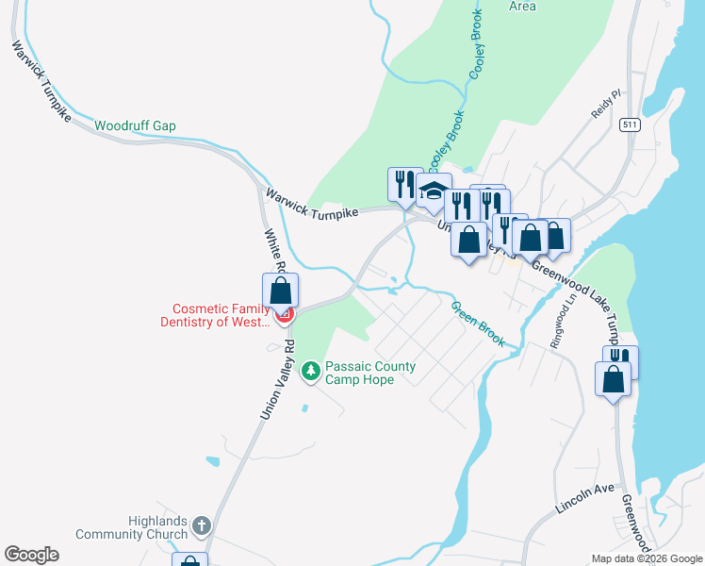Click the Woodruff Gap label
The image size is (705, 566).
pyautogui.click(x=135, y=125)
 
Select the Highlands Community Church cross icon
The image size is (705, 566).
pyautogui.click(x=201, y=525)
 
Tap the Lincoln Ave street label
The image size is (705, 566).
pyautogui.click(x=585, y=498)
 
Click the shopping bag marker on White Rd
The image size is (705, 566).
pyautogui.click(x=280, y=291)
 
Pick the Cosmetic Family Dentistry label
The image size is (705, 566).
pyautogui.click(x=221, y=315)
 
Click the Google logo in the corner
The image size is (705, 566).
pyautogui.click(x=31, y=555)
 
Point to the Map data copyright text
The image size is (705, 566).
pyautogui.click(x=647, y=558)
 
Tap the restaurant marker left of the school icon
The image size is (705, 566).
pyautogui.click(x=405, y=184)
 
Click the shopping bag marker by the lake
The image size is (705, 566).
pyautogui.click(x=613, y=379)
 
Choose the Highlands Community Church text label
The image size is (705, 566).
pyautogui.click(x=147, y=528)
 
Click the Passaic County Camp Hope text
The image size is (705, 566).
pyautogui.click(x=369, y=373)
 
